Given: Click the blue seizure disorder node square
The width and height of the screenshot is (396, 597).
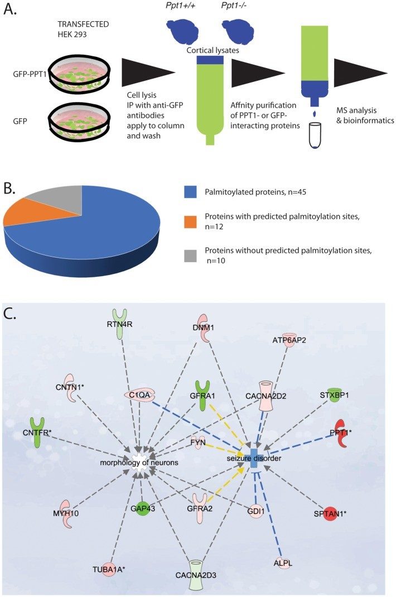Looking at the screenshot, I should point(254,458).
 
